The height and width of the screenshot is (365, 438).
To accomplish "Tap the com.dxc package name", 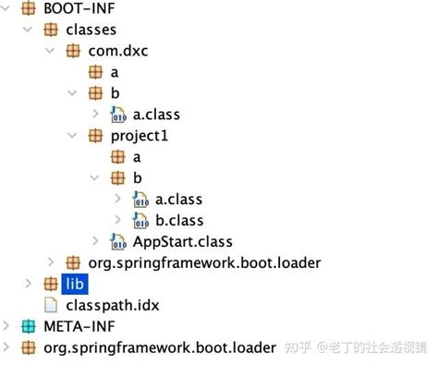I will point(118,52).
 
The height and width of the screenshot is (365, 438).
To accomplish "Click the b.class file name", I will point(179,220).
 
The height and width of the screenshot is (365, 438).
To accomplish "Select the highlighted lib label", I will point(75,284).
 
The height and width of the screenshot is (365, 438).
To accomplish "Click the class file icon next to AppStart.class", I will point(117,241).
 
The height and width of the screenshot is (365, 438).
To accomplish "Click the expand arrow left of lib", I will point(29,283).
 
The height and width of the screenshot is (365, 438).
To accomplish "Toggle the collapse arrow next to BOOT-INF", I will point(8,10).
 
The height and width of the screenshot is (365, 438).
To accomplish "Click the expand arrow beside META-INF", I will point(8,325).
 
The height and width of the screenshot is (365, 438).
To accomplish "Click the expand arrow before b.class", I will point(117,220).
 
